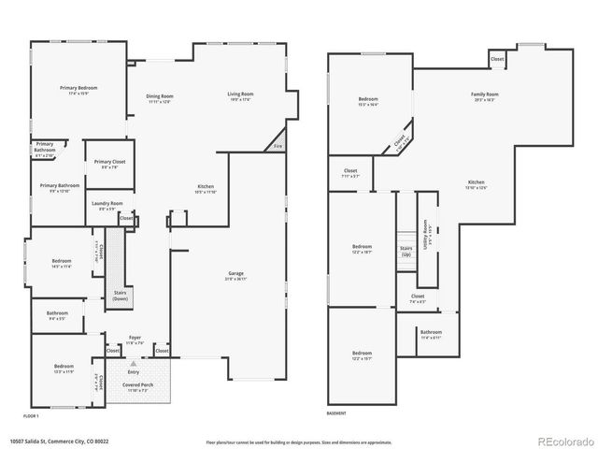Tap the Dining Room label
pos(160,96)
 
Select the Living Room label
pos(240,94)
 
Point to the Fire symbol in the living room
pos(278,146)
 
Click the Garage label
pos(235,274)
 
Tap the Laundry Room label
pos(106,205)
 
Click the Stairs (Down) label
pos(121,296)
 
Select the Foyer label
pos(135,339)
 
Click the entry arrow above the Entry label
pos(133,363)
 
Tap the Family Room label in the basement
pos(484,95)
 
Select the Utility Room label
pos(427,227)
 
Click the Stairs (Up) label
pos(406,253)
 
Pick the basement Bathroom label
pos(431,333)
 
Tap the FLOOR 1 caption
pos(32,414)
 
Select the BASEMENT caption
pos(336,413)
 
